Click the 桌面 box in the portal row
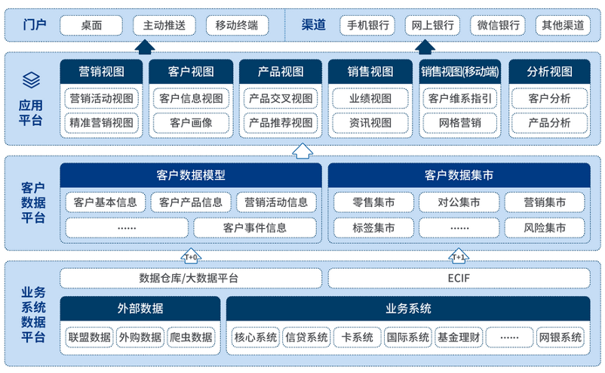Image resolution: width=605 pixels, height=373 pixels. click(92, 26)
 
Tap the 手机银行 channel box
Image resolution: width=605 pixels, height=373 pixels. click(367, 26)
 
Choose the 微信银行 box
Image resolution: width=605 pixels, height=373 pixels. click(499, 26)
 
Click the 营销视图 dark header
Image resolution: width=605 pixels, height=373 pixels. click(101, 72)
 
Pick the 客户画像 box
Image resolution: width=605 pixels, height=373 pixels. click(191, 122)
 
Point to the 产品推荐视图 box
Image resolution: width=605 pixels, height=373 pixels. click(281, 122)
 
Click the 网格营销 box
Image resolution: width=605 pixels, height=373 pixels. click(459, 122)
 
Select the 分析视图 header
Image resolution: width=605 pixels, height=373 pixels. click(549, 72)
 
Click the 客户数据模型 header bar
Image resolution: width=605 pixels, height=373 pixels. click(191, 176)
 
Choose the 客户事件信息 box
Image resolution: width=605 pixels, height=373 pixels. click(255, 227)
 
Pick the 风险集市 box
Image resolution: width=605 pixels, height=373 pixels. click(545, 227)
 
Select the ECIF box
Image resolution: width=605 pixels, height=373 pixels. click(458, 278)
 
